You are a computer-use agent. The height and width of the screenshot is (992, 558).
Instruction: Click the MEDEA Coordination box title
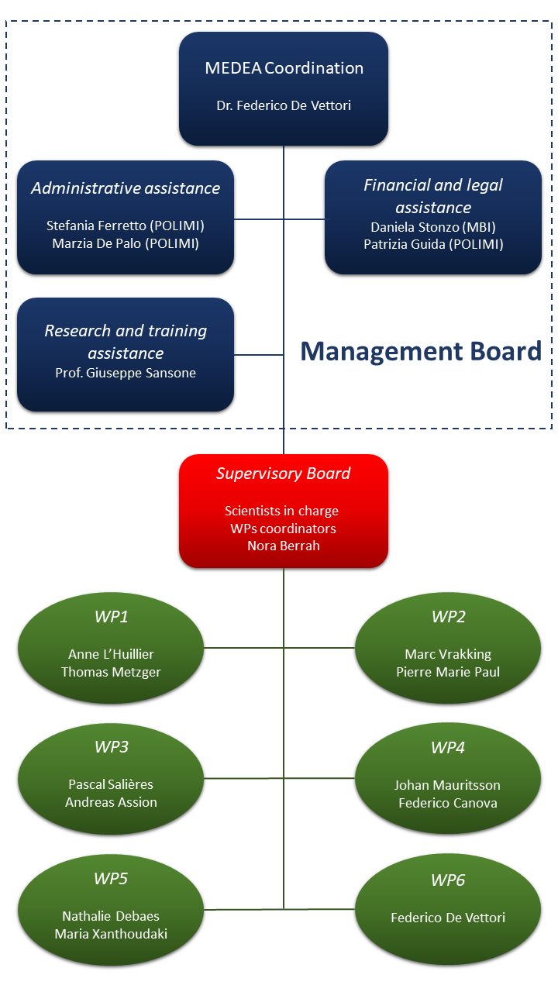click(284, 68)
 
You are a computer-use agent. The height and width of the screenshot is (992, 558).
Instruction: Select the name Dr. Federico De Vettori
click(284, 105)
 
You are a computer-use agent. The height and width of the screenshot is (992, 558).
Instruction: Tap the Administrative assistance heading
click(126, 188)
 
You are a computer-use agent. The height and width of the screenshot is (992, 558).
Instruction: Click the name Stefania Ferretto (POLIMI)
click(126, 226)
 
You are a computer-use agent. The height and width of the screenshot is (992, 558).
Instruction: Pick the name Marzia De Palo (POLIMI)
click(126, 243)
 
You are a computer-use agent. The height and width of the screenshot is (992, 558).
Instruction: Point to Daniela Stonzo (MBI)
click(433, 227)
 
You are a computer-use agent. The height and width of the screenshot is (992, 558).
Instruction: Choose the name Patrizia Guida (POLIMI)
click(433, 244)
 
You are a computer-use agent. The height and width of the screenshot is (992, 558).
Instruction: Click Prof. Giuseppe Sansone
click(126, 373)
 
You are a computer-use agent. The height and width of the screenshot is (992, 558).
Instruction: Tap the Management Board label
click(421, 351)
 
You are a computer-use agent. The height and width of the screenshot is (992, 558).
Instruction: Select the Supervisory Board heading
click(284, 474)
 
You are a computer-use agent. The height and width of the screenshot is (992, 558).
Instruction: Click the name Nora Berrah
click(284, 546)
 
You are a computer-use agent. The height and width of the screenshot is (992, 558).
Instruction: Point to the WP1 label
click(111, 616)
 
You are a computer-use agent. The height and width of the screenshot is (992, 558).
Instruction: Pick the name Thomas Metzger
click(111, 672)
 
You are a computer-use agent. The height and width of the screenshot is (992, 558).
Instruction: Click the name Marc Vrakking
click(448, 654)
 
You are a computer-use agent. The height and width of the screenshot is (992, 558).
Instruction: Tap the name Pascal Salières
click(111, 784)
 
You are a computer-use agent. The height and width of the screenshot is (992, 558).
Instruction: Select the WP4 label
click(448, 748)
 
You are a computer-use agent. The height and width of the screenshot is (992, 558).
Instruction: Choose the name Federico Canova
click(448, 803)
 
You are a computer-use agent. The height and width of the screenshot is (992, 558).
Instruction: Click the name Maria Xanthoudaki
click(111, 934)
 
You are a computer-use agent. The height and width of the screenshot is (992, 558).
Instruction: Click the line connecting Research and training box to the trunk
click(259, 355)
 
